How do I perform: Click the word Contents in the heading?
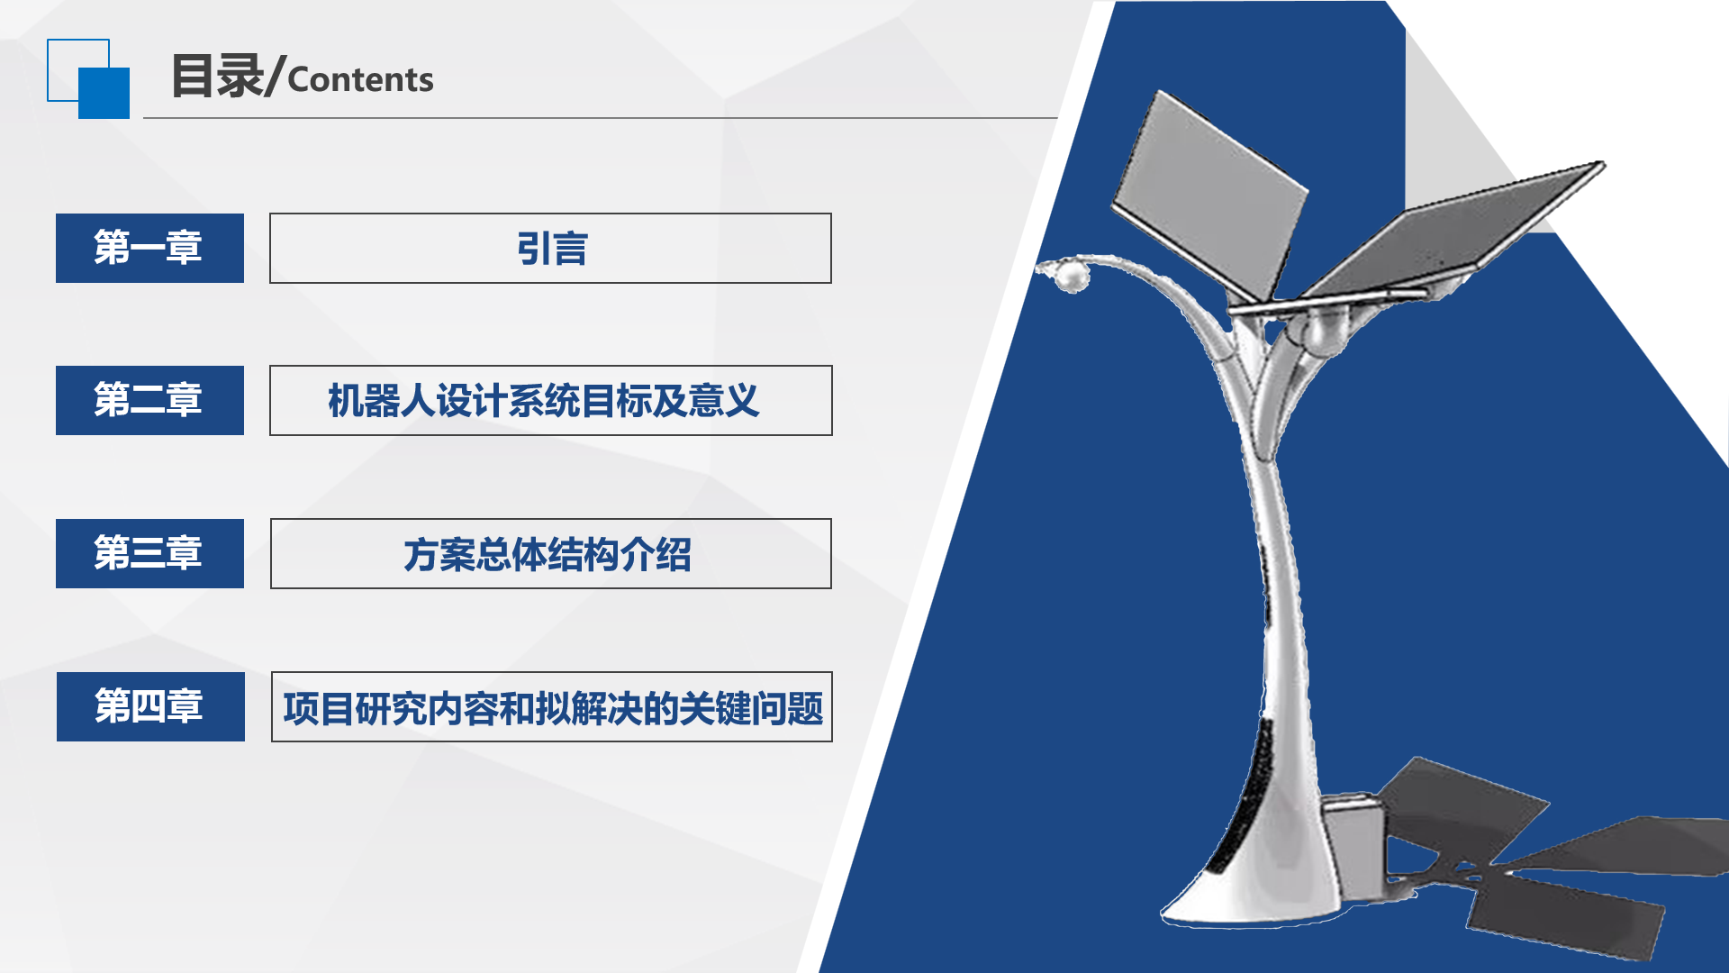(x=360, y=79)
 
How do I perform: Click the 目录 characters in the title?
(x=217, y=76)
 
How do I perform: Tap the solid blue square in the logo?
(x=104, y=93)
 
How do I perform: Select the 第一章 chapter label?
(x=149, y=248)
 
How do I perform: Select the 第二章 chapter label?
(x=149, y=400)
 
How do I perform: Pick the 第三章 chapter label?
(x=149, y=553)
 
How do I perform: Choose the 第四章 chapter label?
(x=150, y=706)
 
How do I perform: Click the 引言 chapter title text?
(x=552, y=249)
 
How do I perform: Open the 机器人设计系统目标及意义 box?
(x=551, y=400)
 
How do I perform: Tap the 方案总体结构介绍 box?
(x=551, y=553)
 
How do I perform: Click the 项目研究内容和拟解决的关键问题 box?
(x=552, y=706)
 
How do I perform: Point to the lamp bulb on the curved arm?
(x=1071, y=276)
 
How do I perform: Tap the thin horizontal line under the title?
(x=601, y=118)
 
